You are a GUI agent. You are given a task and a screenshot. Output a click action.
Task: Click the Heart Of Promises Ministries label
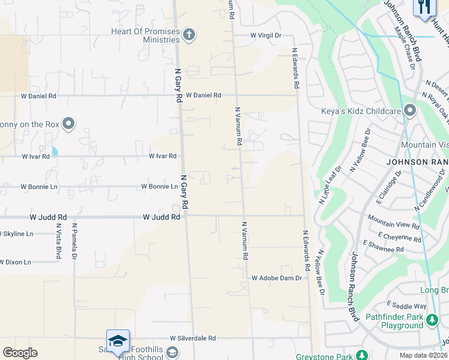145,35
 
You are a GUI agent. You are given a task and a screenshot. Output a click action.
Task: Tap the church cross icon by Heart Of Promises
189,34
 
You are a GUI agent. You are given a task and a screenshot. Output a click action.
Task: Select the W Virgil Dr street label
266,35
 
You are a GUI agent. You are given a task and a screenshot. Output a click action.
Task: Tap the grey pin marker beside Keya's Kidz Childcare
411,110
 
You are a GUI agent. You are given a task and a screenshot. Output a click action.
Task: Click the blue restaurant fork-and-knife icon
424,7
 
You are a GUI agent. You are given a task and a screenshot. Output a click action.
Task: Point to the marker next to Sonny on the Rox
68,124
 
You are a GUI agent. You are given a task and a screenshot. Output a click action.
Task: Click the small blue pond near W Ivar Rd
55,151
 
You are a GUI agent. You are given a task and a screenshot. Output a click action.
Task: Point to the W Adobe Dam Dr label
276,278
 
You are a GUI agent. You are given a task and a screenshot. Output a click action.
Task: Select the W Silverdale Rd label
192,338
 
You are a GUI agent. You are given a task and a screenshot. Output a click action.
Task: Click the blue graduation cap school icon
118,340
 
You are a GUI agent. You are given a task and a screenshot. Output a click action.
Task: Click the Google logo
20,353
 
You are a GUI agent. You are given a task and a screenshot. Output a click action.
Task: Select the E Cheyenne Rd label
399,238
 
